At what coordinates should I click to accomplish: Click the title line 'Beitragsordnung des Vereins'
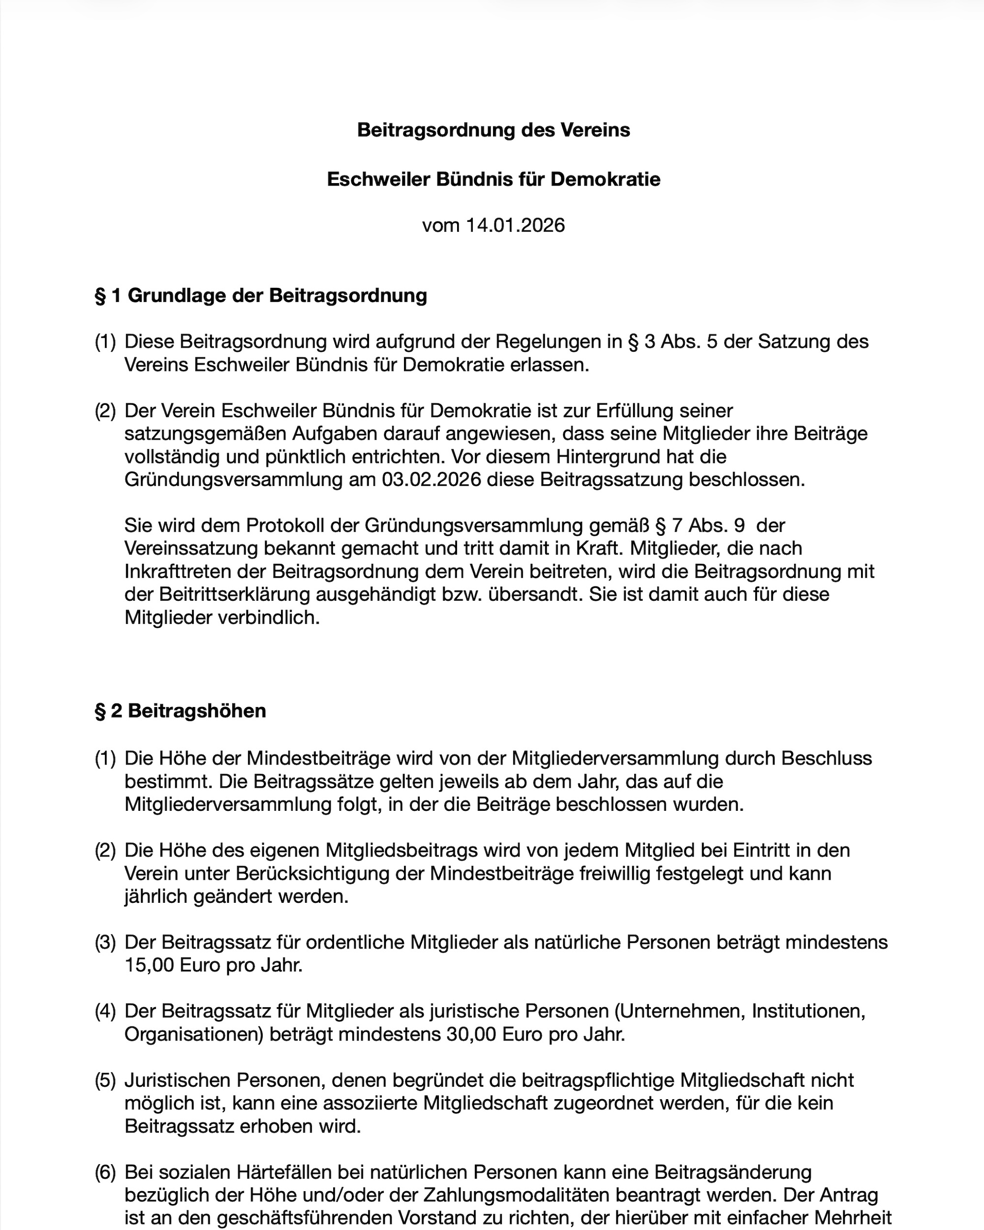click(x=493, y=130)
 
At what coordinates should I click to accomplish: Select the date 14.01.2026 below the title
click(x=515, y=225)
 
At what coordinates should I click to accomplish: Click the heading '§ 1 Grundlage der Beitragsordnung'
click(x=261, y=296)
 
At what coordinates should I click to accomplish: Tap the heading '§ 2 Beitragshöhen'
click(x=180, y=711)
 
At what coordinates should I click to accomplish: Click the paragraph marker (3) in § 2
click(x=105, y=943)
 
